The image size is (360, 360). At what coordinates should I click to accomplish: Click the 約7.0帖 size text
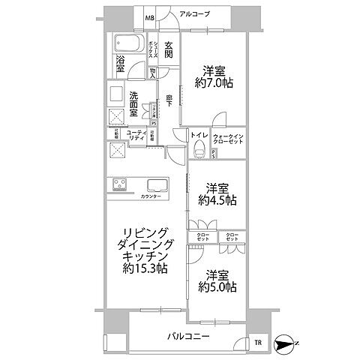point(215,83)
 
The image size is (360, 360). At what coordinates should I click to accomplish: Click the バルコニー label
point(187,337)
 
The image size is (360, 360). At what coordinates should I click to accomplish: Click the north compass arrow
point(286,343)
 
